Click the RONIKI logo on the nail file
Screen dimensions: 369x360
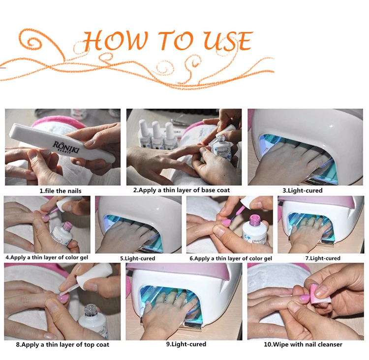pyautogui.click(x=66, y=147)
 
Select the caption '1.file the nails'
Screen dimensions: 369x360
pyautogui.click(x=61, y=191)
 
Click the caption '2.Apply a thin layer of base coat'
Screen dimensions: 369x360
pyautogui.click(x=182, y=190)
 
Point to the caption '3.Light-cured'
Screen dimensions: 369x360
pyautogui.click(x=303, y=191)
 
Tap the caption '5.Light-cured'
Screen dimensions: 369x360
pyautogui.click(x=138, y=258)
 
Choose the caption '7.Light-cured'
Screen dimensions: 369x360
pyautogui.click(x=323, y=258)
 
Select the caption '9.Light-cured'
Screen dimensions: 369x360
pyautogui.click(x=186, y=344)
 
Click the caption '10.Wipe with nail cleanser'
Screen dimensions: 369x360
pyautogui.click(x=303, y=344)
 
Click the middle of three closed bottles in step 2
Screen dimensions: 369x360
pyautogui.click(x=157, y=135)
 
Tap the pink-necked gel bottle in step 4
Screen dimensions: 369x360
pyautogui.click(x=63, y=235)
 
